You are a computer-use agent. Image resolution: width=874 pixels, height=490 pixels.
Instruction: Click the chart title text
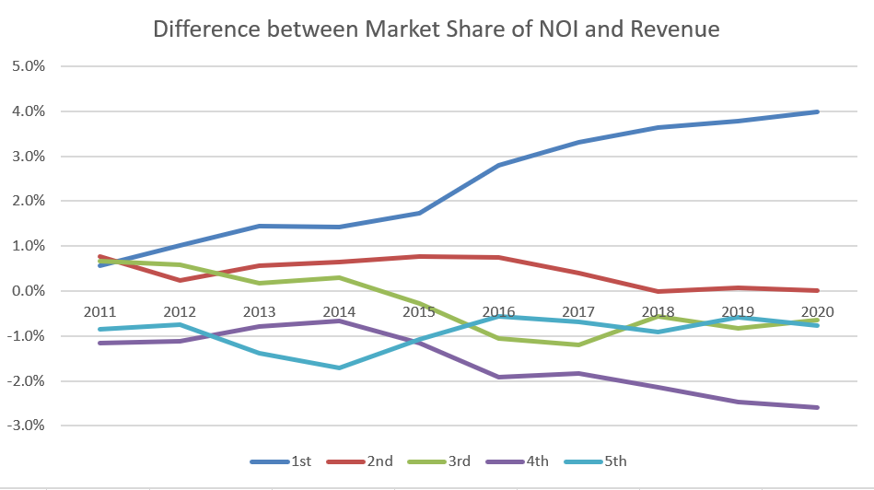tap(436, 29)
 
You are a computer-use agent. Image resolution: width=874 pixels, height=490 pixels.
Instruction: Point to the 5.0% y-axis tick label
tap(28, 66)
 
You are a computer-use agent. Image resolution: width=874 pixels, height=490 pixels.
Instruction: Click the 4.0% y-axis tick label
tap(28, 111)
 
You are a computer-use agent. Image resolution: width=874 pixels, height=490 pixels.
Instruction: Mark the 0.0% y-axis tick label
tap(28, 291)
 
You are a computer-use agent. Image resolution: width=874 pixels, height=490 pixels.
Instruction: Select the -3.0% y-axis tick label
tap(26, 426)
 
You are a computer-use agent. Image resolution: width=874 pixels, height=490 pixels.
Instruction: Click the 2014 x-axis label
tap(340, 311)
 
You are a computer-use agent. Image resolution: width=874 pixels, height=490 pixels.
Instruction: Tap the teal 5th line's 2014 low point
tap(340, 367)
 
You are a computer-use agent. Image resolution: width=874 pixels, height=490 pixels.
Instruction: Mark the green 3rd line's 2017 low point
tap(578, 344)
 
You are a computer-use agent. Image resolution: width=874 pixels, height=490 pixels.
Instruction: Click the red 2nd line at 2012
tap(181, 280)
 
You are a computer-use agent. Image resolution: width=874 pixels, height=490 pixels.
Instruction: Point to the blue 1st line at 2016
tap(499, 166)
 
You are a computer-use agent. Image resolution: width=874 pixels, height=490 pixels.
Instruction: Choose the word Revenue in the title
tap(673, 29)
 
